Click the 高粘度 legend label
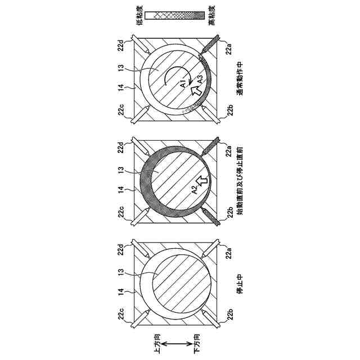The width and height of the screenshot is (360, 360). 212,16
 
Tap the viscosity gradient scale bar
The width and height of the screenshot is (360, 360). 175,15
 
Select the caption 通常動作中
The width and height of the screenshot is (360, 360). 240,79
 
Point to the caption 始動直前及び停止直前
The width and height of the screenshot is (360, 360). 240,181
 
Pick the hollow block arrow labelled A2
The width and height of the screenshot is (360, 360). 202,181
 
